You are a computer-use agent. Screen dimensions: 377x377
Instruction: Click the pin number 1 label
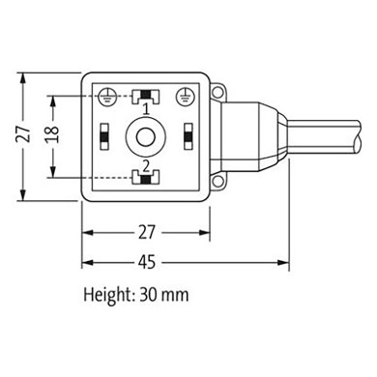click(x=145, y=108)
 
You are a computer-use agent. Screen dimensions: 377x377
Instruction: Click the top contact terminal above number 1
click(x=145, y=95)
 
